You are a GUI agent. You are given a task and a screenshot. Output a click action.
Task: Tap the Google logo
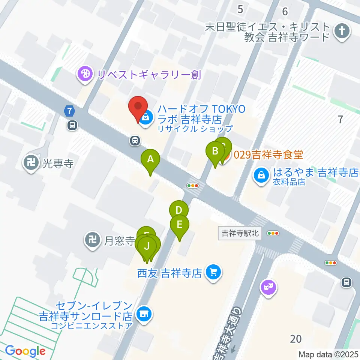click(25, 351)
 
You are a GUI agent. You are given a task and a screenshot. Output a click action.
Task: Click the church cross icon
click(342, 31)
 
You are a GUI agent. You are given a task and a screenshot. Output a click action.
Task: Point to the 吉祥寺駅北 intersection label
click(240, 233)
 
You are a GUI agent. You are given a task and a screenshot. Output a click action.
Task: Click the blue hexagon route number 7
click(69, 111)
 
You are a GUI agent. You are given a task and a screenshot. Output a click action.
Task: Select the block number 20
click(295, 339)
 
